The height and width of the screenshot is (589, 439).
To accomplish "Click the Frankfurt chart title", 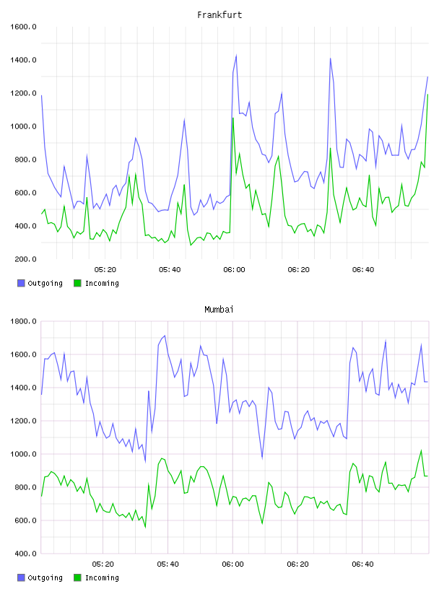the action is [219, 15].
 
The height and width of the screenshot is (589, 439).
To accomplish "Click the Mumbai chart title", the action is [219, 310].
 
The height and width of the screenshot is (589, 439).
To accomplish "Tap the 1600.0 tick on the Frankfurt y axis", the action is [23, 27].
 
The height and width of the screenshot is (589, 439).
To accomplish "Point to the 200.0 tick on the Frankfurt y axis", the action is [25, 259].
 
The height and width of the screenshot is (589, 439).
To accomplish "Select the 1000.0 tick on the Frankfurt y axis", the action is [23, 126].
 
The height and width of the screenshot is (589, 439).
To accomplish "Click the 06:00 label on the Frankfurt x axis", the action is [234, 270].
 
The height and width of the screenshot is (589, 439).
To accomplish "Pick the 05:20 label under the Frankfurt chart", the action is [105, 270].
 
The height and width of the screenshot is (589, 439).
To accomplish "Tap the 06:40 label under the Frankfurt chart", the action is [363, 270].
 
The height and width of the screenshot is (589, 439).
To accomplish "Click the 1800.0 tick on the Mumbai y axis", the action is [23, 321].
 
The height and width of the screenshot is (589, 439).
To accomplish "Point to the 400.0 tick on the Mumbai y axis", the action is [25, 554].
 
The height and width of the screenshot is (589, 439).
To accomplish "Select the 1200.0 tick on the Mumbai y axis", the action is [23, 421].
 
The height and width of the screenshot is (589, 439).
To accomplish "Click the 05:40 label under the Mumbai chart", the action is [168, 564].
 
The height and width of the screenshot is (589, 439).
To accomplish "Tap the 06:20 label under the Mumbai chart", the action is [297, 564].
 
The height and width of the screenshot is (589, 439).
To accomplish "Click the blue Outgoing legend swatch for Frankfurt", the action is [21, 283].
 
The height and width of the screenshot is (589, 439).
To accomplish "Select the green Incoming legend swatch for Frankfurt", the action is [77, 283].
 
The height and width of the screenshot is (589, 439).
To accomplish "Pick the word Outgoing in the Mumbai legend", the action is [45, 577].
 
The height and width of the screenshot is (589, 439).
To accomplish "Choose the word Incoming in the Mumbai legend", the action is [102, 577].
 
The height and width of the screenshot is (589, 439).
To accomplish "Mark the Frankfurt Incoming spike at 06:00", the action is [233, 118].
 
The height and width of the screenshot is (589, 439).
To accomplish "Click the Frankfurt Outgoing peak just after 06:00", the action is [236, 56].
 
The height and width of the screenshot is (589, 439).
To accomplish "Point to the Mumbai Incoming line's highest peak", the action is [421, 450].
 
